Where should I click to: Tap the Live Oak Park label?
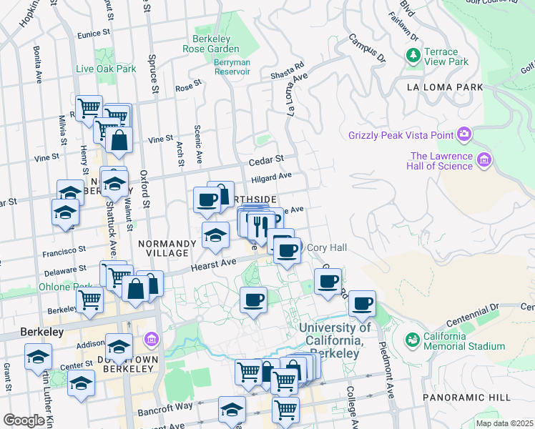tap(106, 69)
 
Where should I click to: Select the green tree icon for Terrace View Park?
tap(413, 54)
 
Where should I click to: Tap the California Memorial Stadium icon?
tap(411, 339)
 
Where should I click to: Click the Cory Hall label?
tap(326, 247)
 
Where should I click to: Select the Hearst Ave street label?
tap(212, 266)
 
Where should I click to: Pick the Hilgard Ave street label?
tap(271, 176)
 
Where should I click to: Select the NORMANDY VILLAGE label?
tap(167, 248)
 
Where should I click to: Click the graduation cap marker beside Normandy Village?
tap(215, 236)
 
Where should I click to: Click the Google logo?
tap(24, 420)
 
